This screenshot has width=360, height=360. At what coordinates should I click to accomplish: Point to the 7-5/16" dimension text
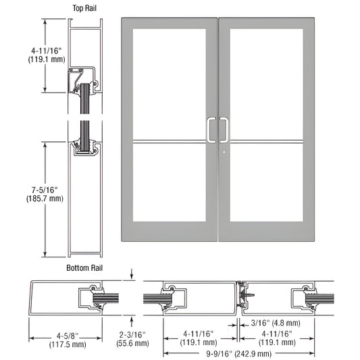pyautogui.click(x=44, y=189)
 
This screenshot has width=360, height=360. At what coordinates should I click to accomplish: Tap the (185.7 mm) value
pyautogui.click(x=44, y=199)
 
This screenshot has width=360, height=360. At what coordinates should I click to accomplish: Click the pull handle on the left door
pyautogui.click(x=212, y=130)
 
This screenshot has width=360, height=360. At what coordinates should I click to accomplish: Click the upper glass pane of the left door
pyautogui.click(x=170, y=83)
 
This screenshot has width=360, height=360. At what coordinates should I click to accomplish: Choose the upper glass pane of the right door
pyautogui.click(x=267, y=83)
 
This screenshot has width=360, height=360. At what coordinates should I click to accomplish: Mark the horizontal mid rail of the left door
pyautogui.click(x=170, y=141)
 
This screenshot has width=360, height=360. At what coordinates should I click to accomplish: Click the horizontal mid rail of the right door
pyautogui.click(x=267, y=141)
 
